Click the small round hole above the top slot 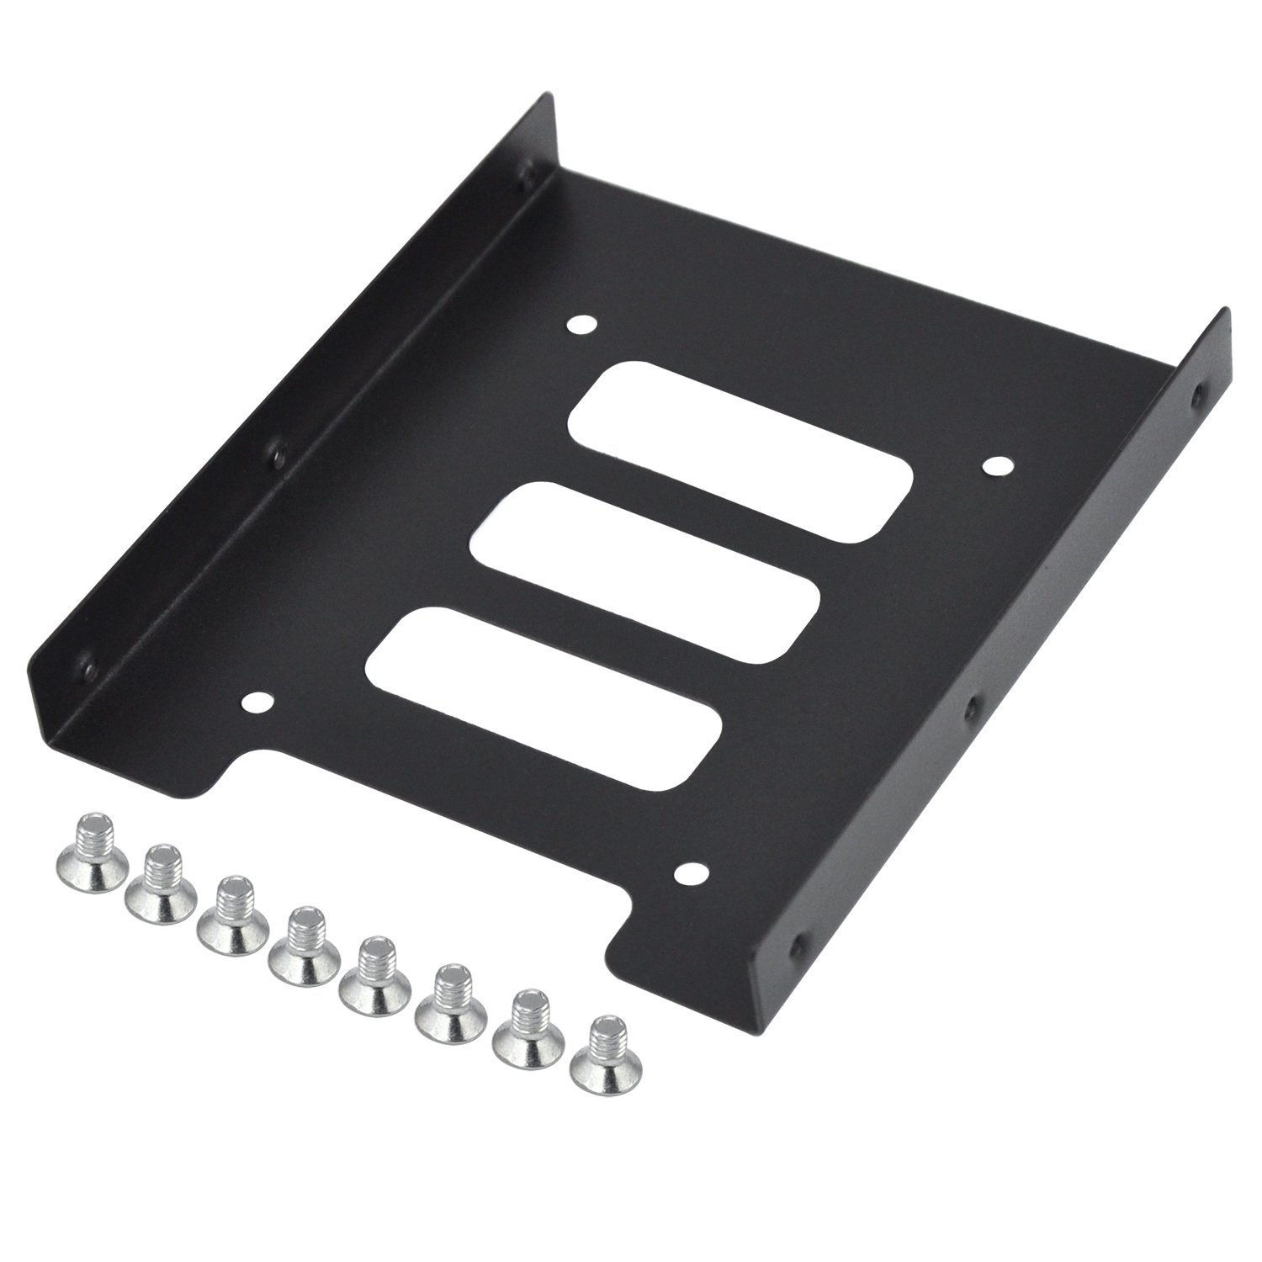click(x=581, y=325)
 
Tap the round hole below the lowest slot click(x=692, y=851)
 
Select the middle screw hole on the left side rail click(x=275, y=455)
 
